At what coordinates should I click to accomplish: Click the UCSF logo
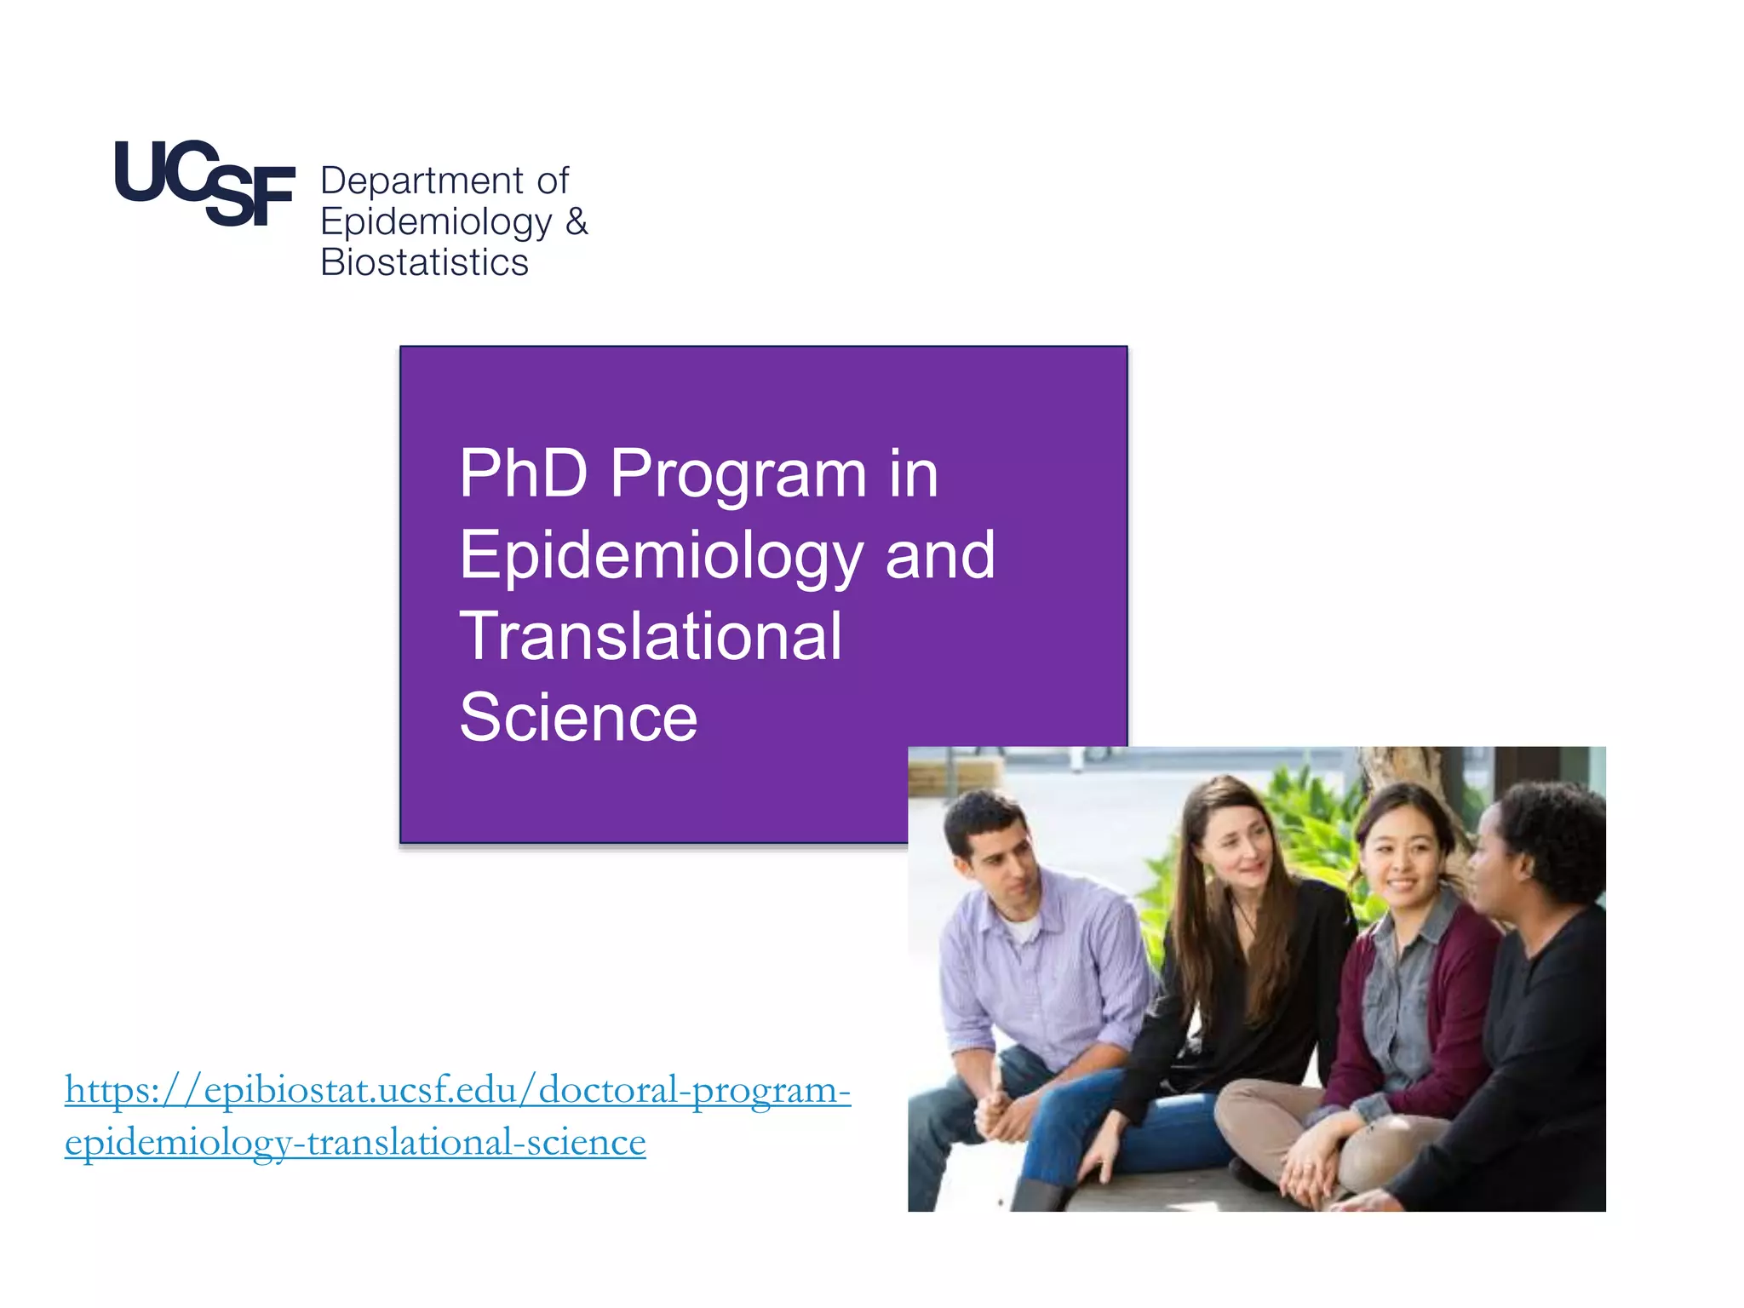[204, 183]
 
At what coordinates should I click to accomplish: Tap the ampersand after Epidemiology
[577, 222]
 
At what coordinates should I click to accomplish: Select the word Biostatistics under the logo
[424, 262]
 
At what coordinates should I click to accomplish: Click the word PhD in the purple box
[523, 473]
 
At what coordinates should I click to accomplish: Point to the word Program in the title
[738, 475]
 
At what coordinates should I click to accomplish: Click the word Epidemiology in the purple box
[662, 556]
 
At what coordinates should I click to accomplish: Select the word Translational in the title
[651, 636]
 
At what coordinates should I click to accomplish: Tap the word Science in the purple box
[578, 718]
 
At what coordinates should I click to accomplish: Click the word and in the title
[939, 555]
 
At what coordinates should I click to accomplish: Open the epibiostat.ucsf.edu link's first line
[457, 1090]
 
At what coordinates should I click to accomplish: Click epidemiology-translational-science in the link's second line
[355, 1142]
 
